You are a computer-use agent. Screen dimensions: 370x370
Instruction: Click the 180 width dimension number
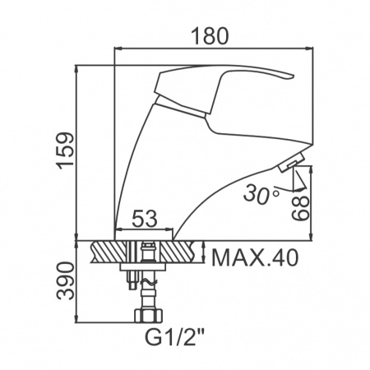[x=210, y=36]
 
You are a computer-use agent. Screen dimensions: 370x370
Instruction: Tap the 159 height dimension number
[x=65, y=149]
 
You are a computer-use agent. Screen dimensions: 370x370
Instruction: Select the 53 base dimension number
[x=145, y=219]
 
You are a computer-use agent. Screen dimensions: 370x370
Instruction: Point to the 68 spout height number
[x=300, y=208]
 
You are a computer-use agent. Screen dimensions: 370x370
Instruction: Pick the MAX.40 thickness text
[x=255, y=258]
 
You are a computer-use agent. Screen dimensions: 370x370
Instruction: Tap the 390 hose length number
[x=65, y=281]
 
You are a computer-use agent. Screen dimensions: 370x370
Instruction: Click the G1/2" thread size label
[x=174, y=338]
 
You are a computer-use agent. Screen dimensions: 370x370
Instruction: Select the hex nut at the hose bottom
[x=148, y=316]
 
